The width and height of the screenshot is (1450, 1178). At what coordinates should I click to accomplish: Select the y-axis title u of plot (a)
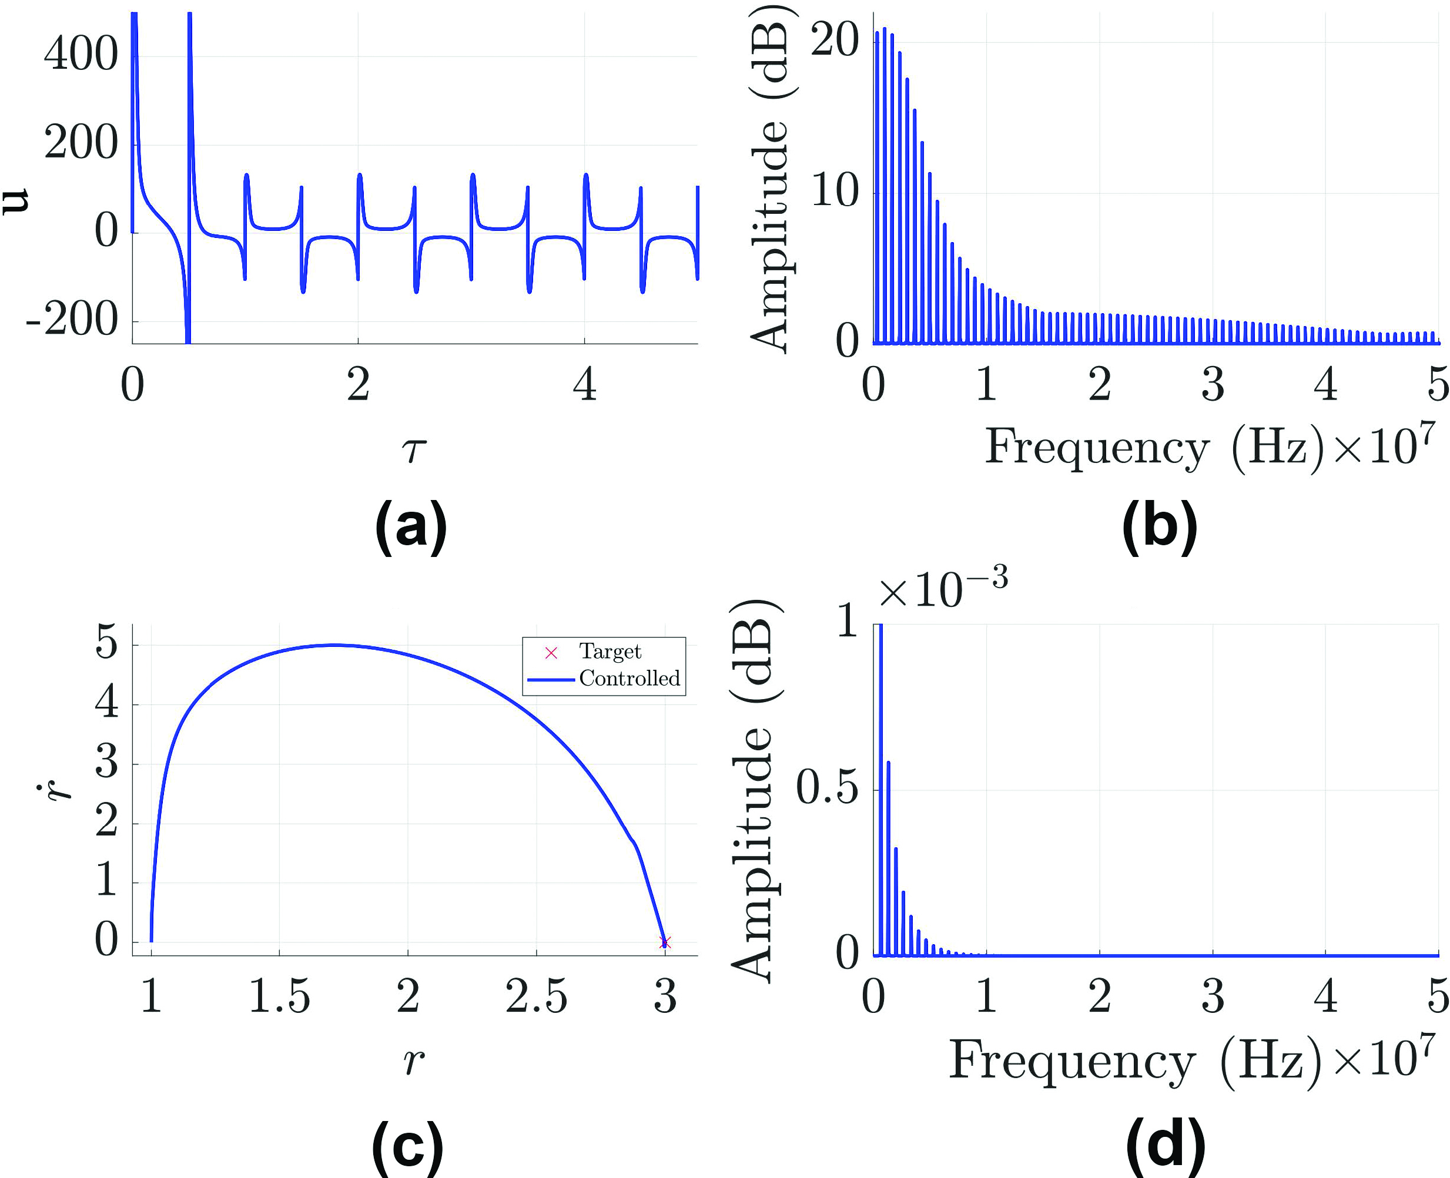pos(15,201)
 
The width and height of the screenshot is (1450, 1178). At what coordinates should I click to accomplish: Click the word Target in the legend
pos(610,652)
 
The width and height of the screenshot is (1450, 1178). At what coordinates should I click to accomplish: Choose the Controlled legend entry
pos(628,679)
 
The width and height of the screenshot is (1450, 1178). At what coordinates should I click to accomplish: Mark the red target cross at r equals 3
pos(665,942)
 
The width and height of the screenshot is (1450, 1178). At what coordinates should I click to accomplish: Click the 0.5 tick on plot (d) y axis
pos(827,788)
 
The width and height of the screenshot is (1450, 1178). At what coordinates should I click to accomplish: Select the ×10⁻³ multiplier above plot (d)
pos(942,589)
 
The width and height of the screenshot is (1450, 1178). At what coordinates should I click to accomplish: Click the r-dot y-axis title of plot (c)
pos(62,791)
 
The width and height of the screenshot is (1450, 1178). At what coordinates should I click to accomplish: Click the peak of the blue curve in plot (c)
pos(334,645)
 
